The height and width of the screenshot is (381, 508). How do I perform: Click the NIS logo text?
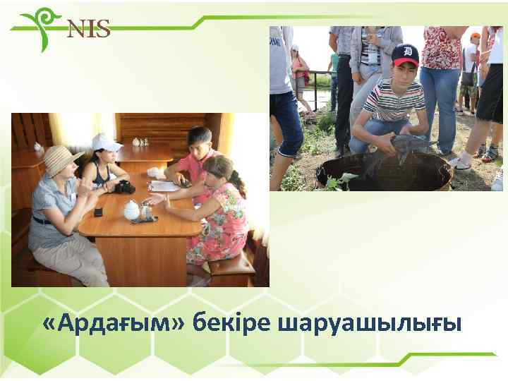(89, 29)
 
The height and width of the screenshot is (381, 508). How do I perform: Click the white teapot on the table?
(131, 210)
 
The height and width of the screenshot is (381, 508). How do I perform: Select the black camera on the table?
(125, 187)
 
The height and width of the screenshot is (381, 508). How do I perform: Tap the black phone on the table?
(99, 211)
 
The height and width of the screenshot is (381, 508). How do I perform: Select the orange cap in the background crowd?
(476, 35)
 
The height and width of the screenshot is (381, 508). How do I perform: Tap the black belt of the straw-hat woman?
(43, 221)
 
